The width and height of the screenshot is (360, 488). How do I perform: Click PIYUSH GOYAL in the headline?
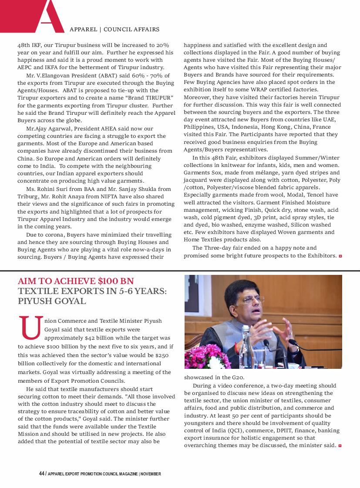pos(52,301)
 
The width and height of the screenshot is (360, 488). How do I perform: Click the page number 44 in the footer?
pos(42,474)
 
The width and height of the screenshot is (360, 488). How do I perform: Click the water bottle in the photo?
pos(246,348)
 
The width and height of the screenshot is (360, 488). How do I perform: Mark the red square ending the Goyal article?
pos(340,446)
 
